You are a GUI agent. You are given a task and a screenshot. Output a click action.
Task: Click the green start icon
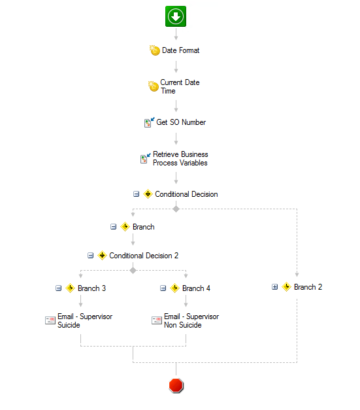pyautogui.click(x=176, y=16)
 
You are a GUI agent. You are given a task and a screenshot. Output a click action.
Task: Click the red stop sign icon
pyautogui.click(x=176, y=385)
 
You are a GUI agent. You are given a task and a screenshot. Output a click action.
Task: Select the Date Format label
pyautogui.click(x=180, y=50)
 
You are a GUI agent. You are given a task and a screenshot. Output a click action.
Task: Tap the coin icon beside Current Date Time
pyautogui.click(x=154, y=86)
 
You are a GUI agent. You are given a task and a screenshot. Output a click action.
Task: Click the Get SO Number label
pyautogui.click(x=181, y=122)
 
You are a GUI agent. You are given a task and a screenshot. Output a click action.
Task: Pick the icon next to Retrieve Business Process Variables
pyautogui.click(x=145, y=158)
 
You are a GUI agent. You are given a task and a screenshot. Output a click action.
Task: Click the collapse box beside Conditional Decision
pyautogui.click(x=136, y=194)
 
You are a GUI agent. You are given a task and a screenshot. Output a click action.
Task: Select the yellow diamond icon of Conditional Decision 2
pyautogui.click(x=102, y=255)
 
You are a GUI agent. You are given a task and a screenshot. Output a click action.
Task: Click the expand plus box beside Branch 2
pyautogui.click(x=274, y=287)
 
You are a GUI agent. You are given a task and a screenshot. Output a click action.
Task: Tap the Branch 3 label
pyautogui.click(x=91, y=288)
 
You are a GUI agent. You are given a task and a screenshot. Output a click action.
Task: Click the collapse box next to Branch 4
pyautogui.click(x=163, y=288)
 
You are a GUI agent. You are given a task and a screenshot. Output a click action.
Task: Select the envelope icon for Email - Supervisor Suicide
pyautogui.click(x=50, y=320)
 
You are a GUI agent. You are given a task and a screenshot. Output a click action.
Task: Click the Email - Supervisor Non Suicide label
pyautogui.click(x=191, y=320)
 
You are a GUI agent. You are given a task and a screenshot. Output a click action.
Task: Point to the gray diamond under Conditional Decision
pyautogui.click(x=176, y=209)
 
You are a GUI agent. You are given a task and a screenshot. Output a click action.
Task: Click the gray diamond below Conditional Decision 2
pyautogui.click(x=133, y=270)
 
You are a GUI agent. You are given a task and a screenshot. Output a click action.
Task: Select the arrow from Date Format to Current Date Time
pyautogui.click(x=176, y=67)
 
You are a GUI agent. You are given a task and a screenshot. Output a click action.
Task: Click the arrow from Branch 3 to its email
pyautogui.click(x=81, y=301)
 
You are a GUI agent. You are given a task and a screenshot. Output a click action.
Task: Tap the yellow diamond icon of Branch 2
pyautogui.click(x=287, y=287)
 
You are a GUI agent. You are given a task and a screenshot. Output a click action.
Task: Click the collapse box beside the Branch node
pyautogui.click(x=114, y=227)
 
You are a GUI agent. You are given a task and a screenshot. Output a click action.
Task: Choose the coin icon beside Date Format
pyautogui.click(x=155, y=50)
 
